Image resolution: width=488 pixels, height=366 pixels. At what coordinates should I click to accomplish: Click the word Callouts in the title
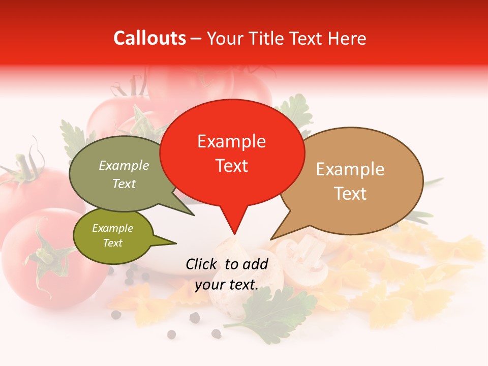pyautogui.click(x=149, y=38)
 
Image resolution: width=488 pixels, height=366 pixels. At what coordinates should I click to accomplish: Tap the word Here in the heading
pyautogui.click(x=347, y=39)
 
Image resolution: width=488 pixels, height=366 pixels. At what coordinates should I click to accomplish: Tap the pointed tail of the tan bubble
pyautogui.click(x=273, y=238)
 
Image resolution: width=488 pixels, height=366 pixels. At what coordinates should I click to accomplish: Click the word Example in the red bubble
pyautogui.click(x=231, y=141)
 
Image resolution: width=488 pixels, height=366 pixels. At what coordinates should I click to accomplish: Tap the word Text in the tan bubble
pyautogui.click(x=351, y=193)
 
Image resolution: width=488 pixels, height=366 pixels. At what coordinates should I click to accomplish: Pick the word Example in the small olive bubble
pyautogui.click(x=112, y=228)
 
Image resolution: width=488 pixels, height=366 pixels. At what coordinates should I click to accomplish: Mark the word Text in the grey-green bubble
pyautogui.click(x=124, y=184)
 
